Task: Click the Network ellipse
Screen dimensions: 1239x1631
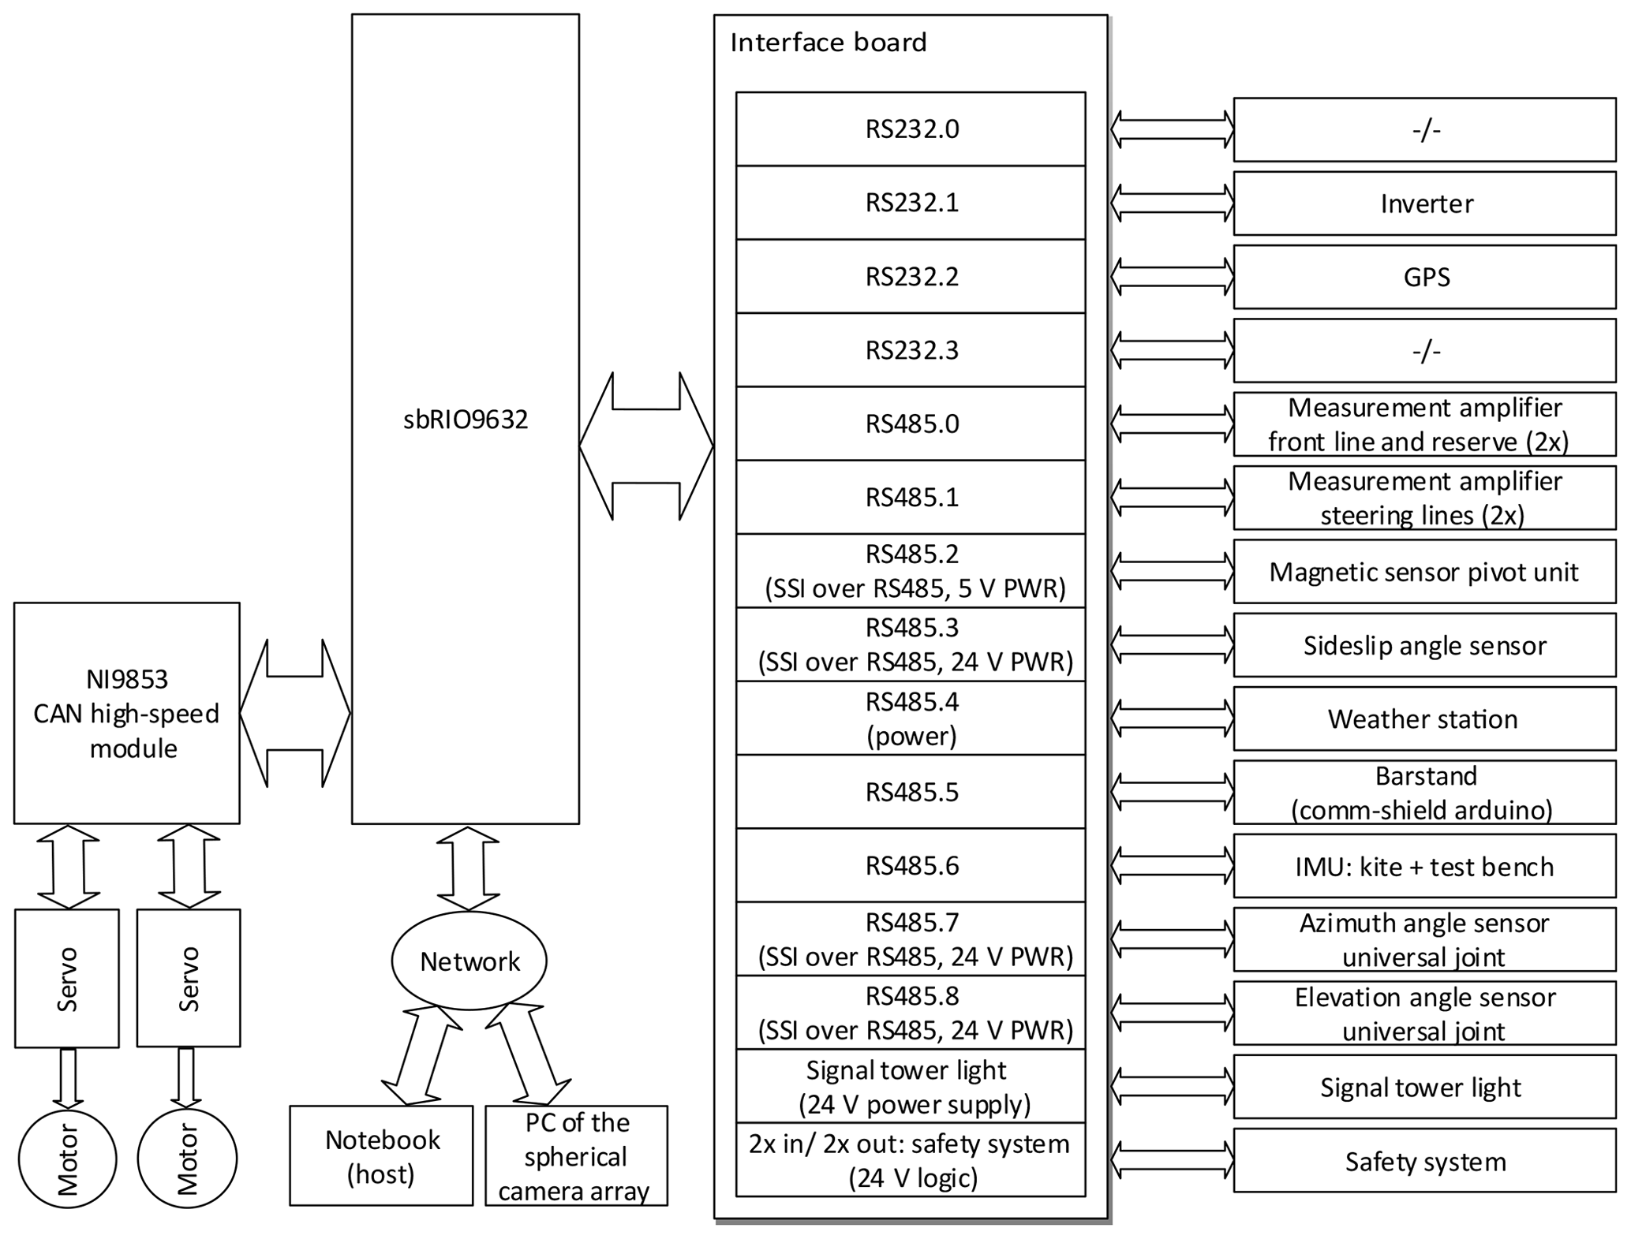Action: click(469, 961)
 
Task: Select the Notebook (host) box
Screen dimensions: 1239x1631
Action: click(381, 1155)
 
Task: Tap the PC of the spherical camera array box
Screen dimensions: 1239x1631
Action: click(576, 1155)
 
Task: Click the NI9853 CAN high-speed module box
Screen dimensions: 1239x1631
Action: click(126, 713)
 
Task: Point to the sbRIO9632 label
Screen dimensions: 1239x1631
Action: click(466, 420)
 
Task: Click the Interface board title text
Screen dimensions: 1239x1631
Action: click(829, 43)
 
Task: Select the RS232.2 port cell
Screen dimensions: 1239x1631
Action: click(911, 277)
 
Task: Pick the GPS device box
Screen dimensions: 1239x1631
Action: click(1424, 277)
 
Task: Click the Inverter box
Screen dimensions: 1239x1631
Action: click(1424, 203)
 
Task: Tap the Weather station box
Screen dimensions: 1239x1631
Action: click(1424, 718)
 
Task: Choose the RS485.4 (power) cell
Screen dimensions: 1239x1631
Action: click(911, 718)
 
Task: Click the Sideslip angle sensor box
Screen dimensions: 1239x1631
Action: click(1424, 645)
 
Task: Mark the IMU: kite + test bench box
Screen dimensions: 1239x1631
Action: click(1424, 866)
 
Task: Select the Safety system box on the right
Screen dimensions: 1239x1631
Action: click(1424, 1161)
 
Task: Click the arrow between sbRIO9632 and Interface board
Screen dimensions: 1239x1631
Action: click(646, 446)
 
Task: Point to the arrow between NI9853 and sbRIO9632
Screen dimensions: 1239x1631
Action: click(295, 713)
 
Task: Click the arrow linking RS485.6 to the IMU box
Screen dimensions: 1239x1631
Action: click(1173, 866)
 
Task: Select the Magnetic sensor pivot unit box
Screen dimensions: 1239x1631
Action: click(1424, 572)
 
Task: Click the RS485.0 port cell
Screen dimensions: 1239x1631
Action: click(911, 424)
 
